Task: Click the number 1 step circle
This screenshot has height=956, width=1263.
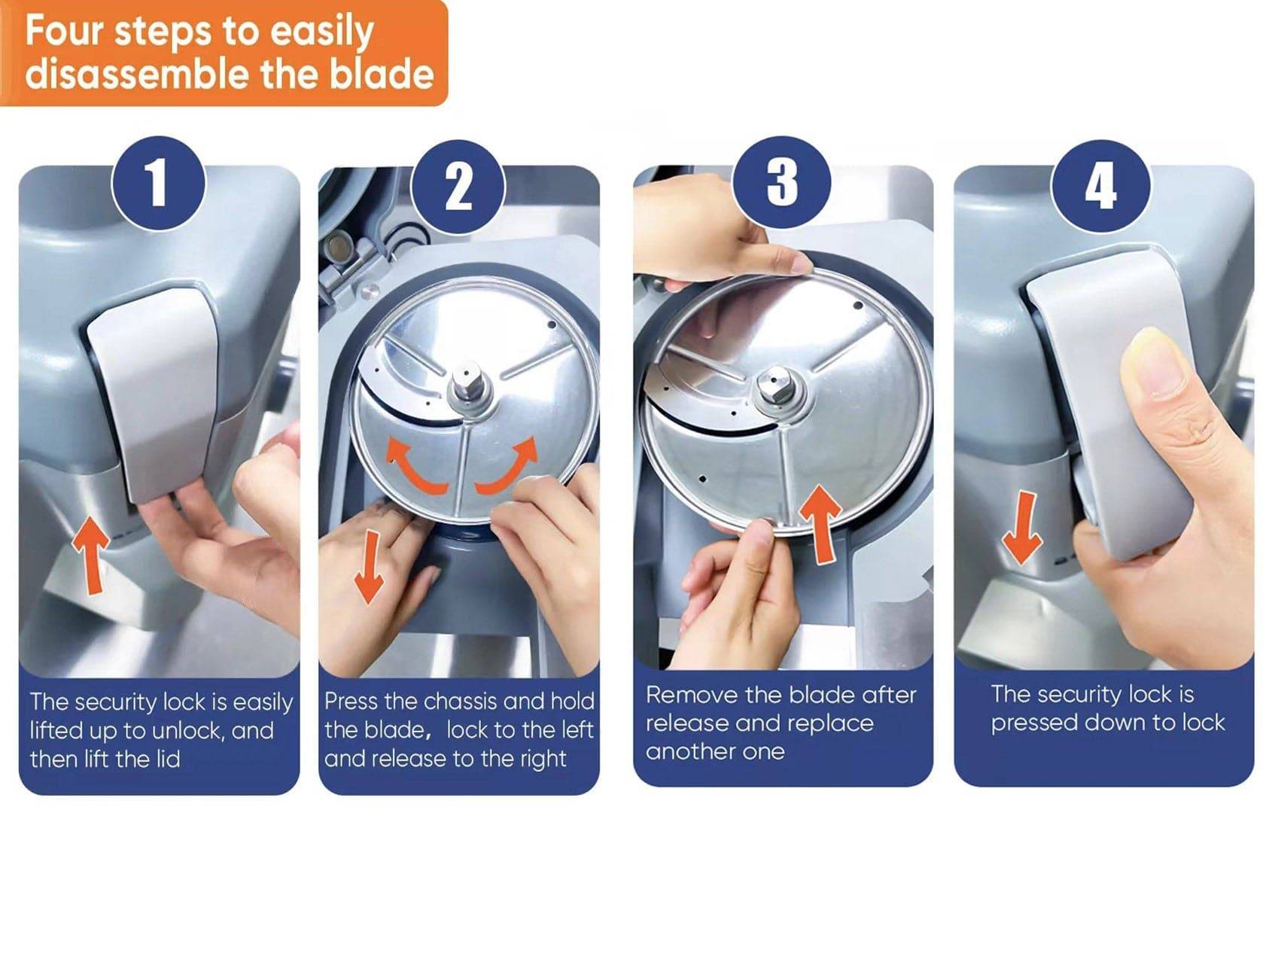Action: click(x=157, y=183)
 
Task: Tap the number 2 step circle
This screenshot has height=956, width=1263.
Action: click(x=458, y=187)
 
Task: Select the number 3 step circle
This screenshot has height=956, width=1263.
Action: click(x=782, y=183)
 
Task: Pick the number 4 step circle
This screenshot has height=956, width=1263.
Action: click(x=1100, y=187)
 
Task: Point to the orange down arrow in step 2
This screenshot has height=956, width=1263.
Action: click(x=369, y=568)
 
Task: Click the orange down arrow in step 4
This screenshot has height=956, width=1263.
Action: click(x=1022, y=527)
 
